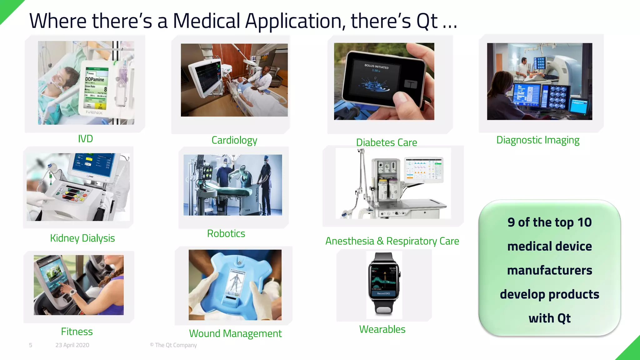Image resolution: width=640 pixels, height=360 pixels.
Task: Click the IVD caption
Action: click(x=85, y=138)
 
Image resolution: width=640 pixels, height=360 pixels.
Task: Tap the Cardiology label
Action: click(x=234, y=140)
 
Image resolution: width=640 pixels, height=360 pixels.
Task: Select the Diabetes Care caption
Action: click(x=386, y=142)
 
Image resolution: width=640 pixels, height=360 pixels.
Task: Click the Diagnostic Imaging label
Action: click(x=537, y=140)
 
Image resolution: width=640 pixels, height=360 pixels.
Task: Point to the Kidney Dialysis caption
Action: click(x=82, y=238)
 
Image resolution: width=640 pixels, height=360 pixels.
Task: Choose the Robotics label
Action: click(x=226, y=233)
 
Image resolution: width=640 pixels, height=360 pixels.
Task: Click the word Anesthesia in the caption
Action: click(x=349, y=241)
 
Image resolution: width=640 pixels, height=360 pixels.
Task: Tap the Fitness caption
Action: click(x=77, y=332)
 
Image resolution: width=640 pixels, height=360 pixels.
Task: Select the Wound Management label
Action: click(x=235, y=333)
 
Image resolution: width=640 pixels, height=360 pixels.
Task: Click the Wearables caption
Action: click(x=382, y=329)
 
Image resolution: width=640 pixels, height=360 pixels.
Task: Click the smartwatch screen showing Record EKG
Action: click(x=383, y=281)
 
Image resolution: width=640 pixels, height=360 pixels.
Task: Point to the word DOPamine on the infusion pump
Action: click(x=95, y=79)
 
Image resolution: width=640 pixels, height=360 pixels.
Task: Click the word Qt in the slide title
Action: click(x=427, y=21)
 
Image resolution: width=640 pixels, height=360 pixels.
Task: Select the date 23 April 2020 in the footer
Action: click(x=72, y=345)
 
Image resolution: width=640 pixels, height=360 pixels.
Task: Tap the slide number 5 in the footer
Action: click(x=30, y=345)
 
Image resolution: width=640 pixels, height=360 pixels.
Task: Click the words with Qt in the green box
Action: click(x=549, y=318)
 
